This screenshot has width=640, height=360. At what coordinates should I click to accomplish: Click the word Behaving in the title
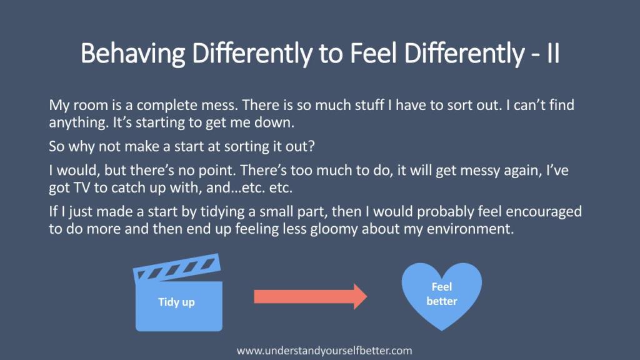[x=132, y=54]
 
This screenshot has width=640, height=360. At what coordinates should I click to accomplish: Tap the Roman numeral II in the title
[x=553, y=53]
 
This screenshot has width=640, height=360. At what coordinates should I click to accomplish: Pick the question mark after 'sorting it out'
[x=312, y=146]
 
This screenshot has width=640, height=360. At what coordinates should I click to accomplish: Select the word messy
[x=480, y=171]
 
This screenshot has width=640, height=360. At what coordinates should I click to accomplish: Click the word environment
[x=469, y=229]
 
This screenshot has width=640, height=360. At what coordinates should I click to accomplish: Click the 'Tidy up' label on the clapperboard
[x=176, y=302]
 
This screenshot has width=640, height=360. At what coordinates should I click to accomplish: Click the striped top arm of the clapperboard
[x=177, y=267]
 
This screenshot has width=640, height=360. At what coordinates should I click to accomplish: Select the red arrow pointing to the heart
[x=310, y=296]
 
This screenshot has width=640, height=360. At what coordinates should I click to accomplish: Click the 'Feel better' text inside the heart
[x=442, y=294]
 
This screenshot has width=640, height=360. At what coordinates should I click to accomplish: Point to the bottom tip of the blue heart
[x=442, y=330]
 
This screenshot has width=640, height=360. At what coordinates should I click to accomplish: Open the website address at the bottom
[x=324, y=351]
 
